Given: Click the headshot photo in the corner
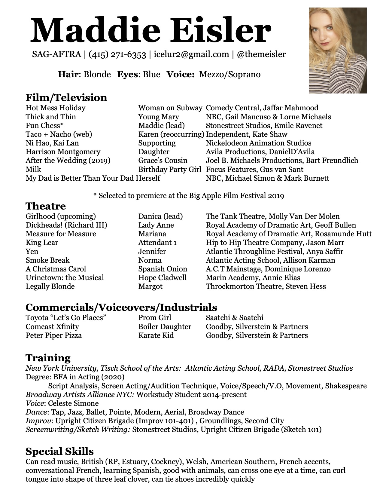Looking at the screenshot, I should (x=338, y=51).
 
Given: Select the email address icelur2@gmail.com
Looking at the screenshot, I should (x=191, y=54).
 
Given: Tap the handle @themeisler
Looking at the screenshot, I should (x=261, y=54).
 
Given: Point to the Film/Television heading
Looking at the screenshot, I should (x=66, y=98).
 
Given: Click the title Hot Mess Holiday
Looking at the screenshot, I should (x=56, y=108).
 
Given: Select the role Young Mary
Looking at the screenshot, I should (x=159, y=117).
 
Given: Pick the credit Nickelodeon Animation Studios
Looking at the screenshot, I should (x=258, y=143).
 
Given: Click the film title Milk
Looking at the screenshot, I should (x=33, y=170).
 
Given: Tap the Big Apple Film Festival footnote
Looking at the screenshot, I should (x=189, y=196).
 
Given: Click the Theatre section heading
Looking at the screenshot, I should (x=46, y=206).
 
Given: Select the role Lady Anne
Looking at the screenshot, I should (x=156, y=225).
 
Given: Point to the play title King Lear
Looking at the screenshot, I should (x=42, y=243).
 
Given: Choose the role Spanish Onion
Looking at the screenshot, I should (x=163, y=269).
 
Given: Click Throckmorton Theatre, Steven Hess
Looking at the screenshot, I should (x=266, y=286).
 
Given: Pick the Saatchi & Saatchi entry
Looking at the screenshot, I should (x=234, y=318).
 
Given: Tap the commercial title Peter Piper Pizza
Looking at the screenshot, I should (x=54, y=335).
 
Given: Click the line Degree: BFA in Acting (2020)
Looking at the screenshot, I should (x=75, y=377).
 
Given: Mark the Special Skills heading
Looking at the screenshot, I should (x=59, y=452).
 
